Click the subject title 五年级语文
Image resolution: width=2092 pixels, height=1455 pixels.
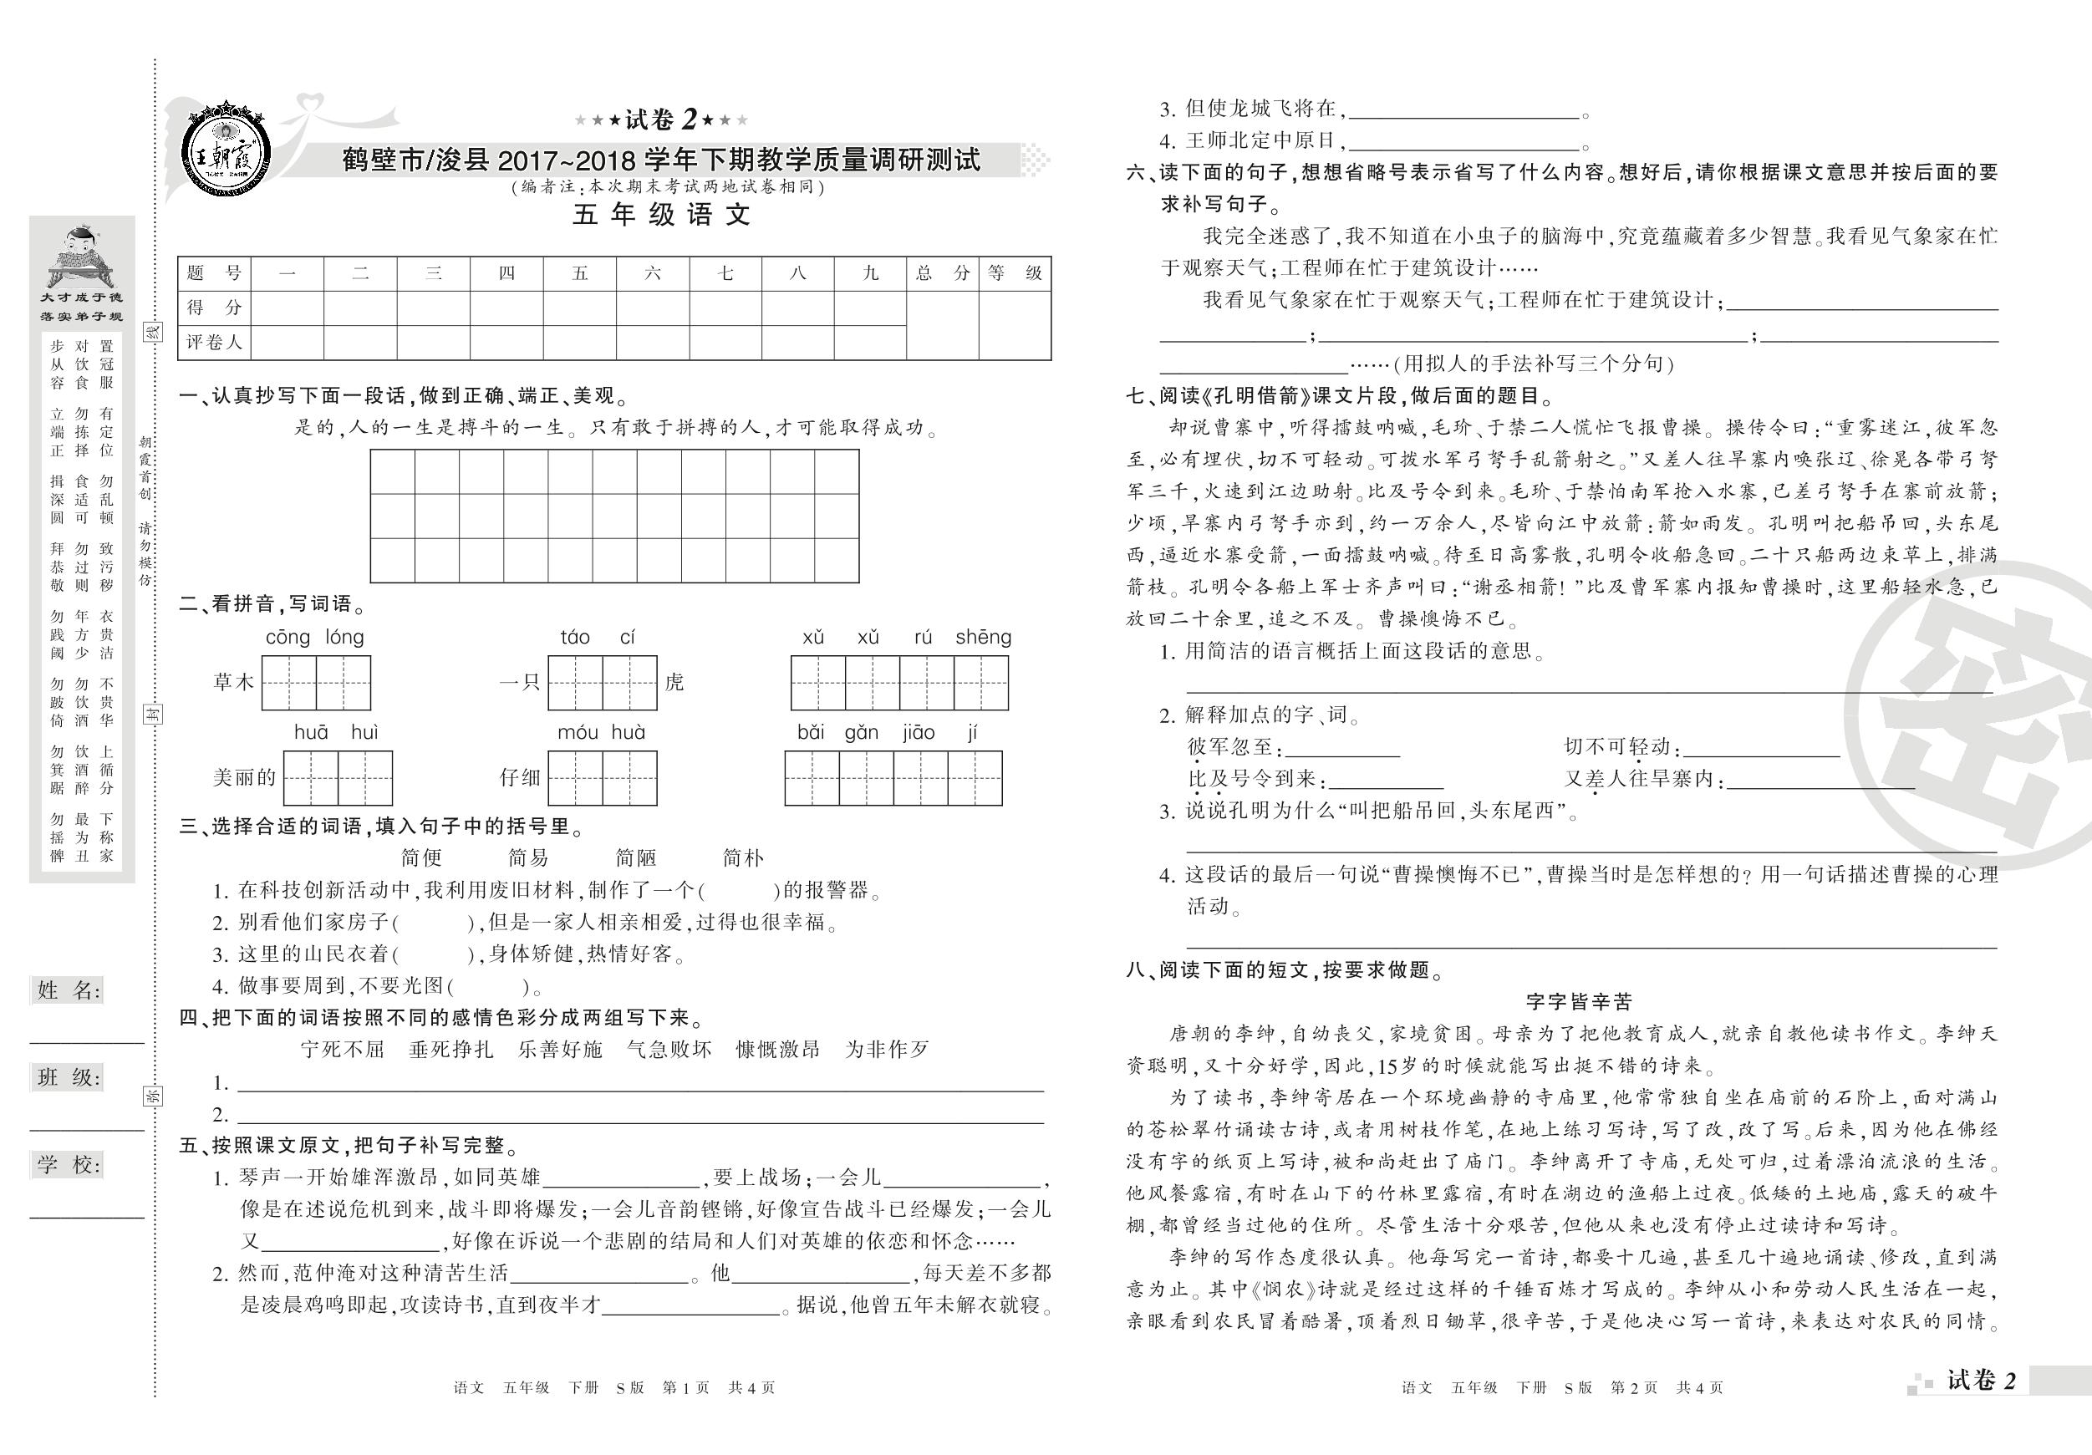pos(660,215)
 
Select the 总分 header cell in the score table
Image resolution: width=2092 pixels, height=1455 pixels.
pos(942,273)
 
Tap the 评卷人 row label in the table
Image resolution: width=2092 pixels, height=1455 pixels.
pos(214,343)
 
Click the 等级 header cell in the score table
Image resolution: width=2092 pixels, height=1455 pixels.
pos(1014,273)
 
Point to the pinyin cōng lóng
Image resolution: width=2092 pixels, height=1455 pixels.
pos(315,638)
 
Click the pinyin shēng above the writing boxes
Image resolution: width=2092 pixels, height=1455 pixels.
pos(983,638)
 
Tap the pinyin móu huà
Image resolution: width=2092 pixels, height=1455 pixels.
pos(602,732)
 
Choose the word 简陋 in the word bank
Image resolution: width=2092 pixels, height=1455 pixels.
pos(636,857)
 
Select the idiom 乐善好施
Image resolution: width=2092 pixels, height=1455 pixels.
pos(560,1050)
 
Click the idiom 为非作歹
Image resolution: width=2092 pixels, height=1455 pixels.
pos(887,1050)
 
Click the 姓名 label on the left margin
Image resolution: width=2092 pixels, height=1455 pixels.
pos(68,990)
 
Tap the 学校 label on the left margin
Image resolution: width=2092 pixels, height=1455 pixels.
pos(68,1164)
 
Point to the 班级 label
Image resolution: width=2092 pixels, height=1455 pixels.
pos(68,1078)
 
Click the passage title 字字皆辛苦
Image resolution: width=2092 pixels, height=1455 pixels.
pos(1579,1002)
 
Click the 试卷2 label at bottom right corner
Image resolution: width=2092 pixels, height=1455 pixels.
pos(1982,1381)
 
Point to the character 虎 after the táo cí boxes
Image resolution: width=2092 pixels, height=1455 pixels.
pos(674,683)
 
